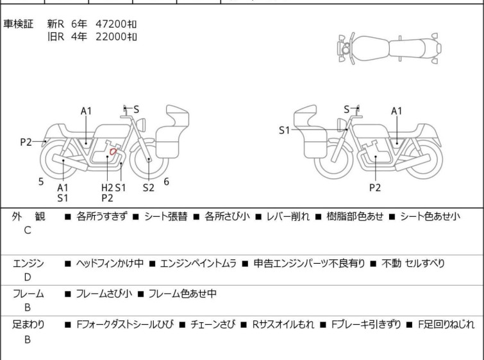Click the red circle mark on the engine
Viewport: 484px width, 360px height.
pyautogui.click(x=113, y=151)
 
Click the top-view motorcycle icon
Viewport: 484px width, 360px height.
pyautogui.click(x=390, y=49)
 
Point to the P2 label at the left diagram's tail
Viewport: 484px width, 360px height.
pyautogui.click(x=26, y=142)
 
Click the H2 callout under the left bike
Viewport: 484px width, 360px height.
pyautogui.click(x=107, y=187)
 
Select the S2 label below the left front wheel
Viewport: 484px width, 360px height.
pyautogui.click(x=149, y=187)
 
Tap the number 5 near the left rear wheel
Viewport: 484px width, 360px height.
pyautogui.click(x=41, y=182)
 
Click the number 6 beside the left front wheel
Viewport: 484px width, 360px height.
pyautogui.click(x=167, y=182)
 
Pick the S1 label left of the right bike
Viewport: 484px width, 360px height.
pyautogui.click(x=285, y=130)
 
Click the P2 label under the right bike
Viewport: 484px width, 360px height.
pyautogui.click(x=375, y=187)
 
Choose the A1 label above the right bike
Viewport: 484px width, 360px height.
pyautogui.click(x=397, y=111)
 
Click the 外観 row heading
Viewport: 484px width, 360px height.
pyautogui.click(x=28, y=216)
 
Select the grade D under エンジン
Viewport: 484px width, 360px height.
pyautogui.click(x=28, y=277)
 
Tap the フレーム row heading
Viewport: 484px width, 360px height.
pyautogui.click(x=28, y=293)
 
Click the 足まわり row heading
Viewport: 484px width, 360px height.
pyautogui.click(x=28, y=325)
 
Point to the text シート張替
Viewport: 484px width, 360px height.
pyautogui.click(x=166, y=216)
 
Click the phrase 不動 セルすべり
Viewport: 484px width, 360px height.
pyautogui.click(x=413, y=263)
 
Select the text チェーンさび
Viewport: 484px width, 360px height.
pyautogui.click(x=213, y=325)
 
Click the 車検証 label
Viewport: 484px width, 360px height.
pyautogui.click(x=18, y=24)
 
